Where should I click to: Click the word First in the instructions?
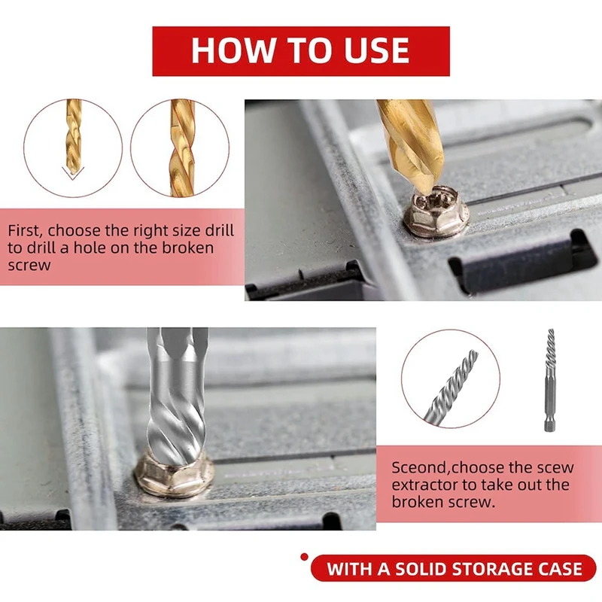click(28, 230)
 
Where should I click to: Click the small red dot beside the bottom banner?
click(304, 557)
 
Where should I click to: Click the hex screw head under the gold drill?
click(436, 211)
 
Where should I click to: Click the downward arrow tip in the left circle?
click(72, 177)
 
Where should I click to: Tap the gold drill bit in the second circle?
click(181, 148)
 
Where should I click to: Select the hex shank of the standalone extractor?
click(549, 410)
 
